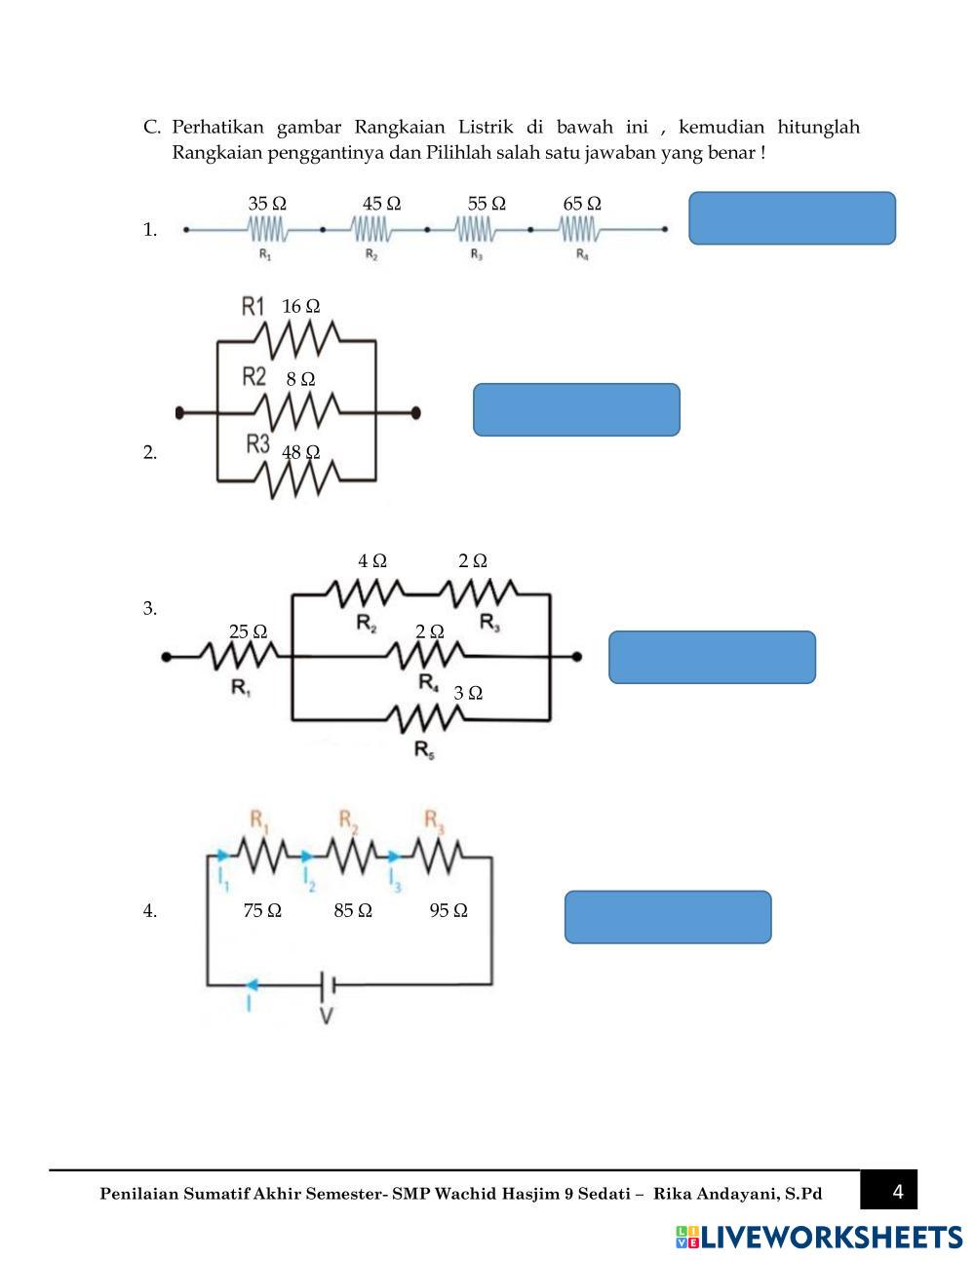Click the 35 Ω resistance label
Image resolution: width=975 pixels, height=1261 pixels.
tap(267, 204)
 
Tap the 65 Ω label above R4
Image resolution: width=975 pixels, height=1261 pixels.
tap(582, 204)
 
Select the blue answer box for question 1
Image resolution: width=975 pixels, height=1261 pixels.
tap(792, 218)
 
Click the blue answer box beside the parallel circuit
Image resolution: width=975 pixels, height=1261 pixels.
tap(576, 409)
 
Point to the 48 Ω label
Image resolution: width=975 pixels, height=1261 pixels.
tap(300, 452)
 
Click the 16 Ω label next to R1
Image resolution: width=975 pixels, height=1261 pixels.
tap(300, 306)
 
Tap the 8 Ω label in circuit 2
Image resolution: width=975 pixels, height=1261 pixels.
tap(300, 379)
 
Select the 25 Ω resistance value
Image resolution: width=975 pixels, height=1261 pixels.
tap(248, 631)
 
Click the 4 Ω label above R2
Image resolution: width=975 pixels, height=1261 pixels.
tap(372, 561)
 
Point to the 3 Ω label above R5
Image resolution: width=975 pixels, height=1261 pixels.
tap(468, 693)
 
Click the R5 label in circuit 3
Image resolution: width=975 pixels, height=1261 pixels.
tap(425, 749)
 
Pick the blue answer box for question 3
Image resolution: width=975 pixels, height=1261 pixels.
tap(712, 658)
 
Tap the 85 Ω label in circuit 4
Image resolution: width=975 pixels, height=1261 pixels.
tap(353, 910)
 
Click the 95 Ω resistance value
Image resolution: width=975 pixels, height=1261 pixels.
tap(448, 910)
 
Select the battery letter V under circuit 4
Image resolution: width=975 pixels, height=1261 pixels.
tap(327, 1015)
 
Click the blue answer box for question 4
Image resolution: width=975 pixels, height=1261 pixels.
tap(668, 917)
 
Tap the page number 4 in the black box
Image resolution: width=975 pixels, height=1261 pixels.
tap(898, 1191)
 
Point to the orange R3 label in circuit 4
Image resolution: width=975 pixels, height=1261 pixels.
tap(435, 821)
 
